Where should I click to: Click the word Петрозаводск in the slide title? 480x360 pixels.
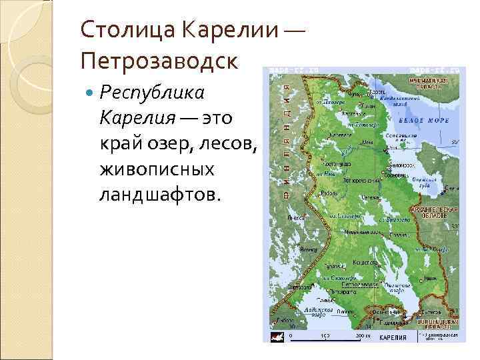click(157, 61)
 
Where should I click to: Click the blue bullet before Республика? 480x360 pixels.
click(91, 91)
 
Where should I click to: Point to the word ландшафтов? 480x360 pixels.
click(157, 195)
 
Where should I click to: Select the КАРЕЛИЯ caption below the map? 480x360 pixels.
click(393, 338)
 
